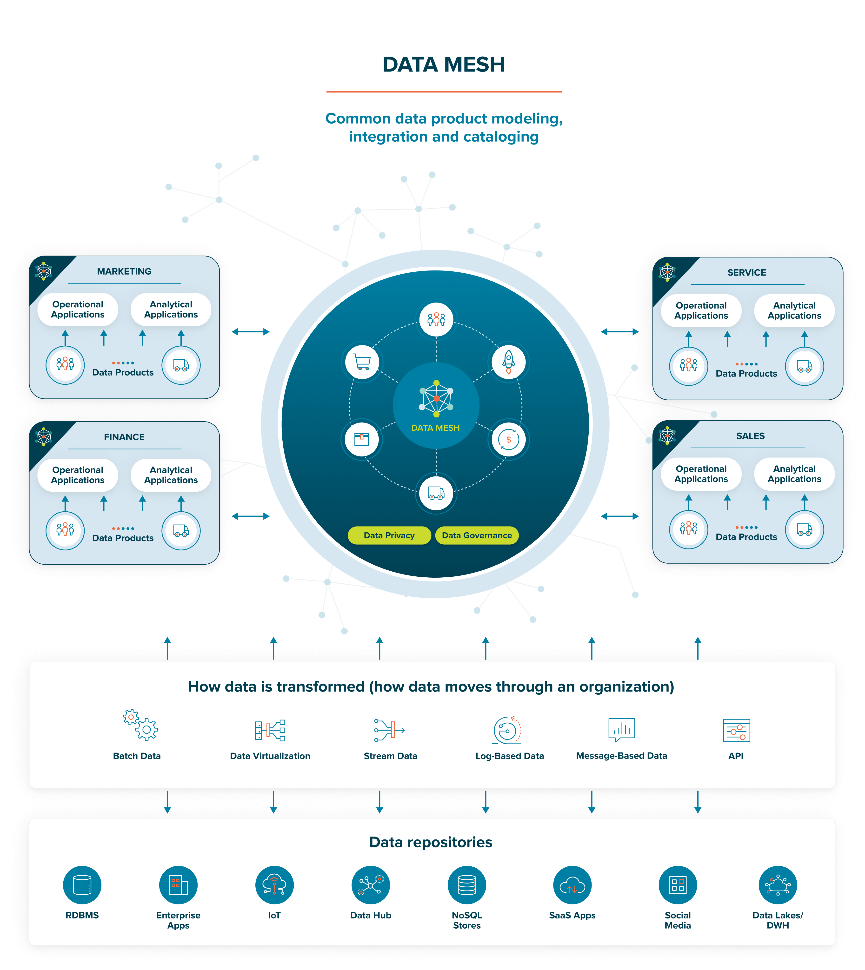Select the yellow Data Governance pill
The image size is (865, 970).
(x=477, y=535)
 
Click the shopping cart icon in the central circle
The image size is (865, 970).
(x=362, y=362)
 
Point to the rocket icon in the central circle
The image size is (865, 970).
(x=509, y=362)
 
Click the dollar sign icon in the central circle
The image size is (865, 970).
(x=509, y=439)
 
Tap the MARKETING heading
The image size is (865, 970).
(x=124, y=271)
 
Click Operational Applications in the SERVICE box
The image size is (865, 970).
(x=701, y=311)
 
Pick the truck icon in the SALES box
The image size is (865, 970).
(x=804, y=529)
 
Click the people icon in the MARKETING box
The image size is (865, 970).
(x=65, y=365)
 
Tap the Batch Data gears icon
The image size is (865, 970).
(x=140, y=725)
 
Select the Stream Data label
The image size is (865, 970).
(x=390, y=756)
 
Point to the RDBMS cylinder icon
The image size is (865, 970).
(x=82, y=884)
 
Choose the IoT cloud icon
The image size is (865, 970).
(x=274, y=884)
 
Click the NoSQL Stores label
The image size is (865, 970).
(x=467, y=920)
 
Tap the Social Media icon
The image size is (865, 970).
(x=678, y=884)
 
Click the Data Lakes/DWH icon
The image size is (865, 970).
(x=778, y=884)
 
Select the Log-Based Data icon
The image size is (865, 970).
(x=507, y=730)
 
